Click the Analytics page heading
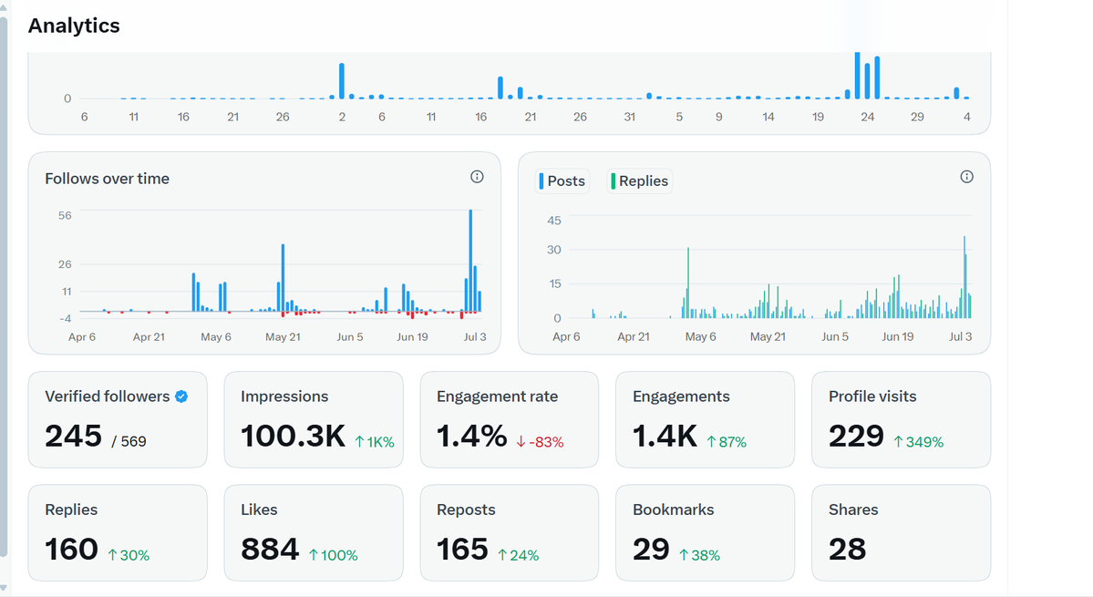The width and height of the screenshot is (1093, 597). click(x=74, y=26)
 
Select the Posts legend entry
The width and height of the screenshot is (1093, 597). click(x=562, y=181)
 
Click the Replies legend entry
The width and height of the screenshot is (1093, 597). click(x=640, y=181)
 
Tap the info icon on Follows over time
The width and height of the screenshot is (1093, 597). click(x=477, y=177)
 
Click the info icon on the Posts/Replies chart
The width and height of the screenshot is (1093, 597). click(x=967, y=177)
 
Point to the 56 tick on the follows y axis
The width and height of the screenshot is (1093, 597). click(x=65, y=216)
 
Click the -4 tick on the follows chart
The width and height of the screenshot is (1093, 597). click(x=65, y=318)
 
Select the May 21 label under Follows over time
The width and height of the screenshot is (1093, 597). click(x=283, y=337)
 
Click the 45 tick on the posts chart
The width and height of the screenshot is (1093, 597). click(x=554, y=221)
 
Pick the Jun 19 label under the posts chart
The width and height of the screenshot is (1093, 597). click(x=898, y=337)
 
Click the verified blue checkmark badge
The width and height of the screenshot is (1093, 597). click(x=181, y=396)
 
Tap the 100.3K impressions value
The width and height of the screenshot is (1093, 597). click(x=293, y=437)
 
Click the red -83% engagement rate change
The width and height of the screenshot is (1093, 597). click(x=540, y=442)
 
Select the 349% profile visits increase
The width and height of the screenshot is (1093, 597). click(x=919, y=442)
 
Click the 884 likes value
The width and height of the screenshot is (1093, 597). click(x=270, y=550)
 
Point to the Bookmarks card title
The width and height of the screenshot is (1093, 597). click(x=674, y=510)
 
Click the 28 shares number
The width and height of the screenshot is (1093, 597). click(x=848, y=550)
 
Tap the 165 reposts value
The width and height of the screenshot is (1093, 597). click(x=462, y=550)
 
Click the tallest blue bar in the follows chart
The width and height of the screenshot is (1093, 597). click(x=470, y=261)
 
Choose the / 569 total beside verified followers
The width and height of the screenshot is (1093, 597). click(x=129, y=442)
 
